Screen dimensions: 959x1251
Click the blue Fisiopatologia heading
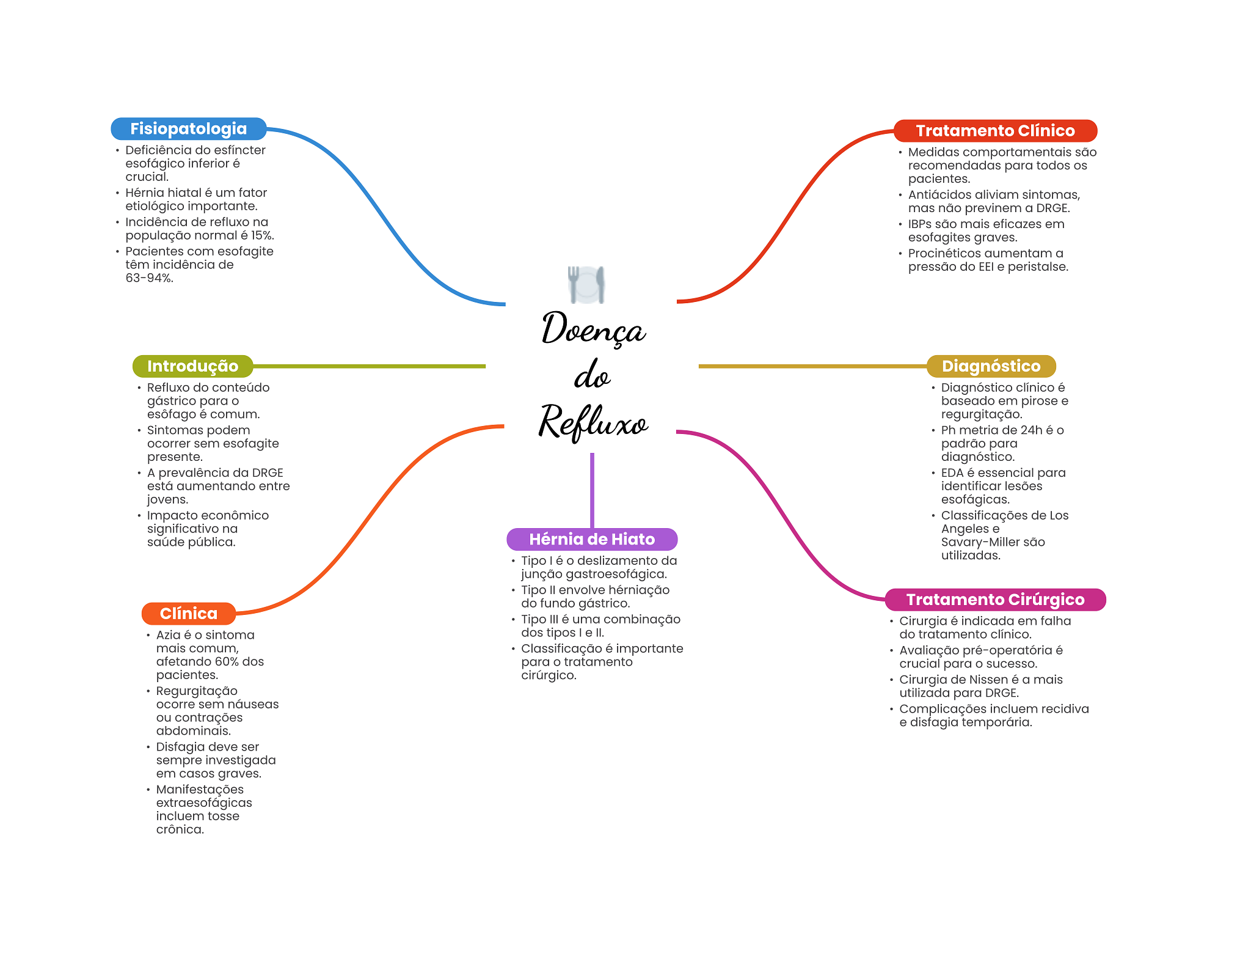click(188, 129)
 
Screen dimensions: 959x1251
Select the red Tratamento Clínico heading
click(995, 131)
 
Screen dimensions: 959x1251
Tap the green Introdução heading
click(192, 366)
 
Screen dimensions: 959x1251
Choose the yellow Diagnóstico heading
click(991, 366)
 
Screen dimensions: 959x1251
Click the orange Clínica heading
click(188, 614)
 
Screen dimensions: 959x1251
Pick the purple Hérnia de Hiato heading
click(591, 539)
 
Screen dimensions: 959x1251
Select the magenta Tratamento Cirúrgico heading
click(995, 600)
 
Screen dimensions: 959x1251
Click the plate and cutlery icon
click(586, 285)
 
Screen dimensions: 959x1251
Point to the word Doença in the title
click(593, 329)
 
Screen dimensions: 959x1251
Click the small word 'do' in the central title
click(591, 376)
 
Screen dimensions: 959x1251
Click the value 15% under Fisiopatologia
click(261, 235)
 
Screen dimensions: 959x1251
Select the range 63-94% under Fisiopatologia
click(150, 278)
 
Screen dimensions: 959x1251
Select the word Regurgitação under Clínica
click(197, 691)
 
